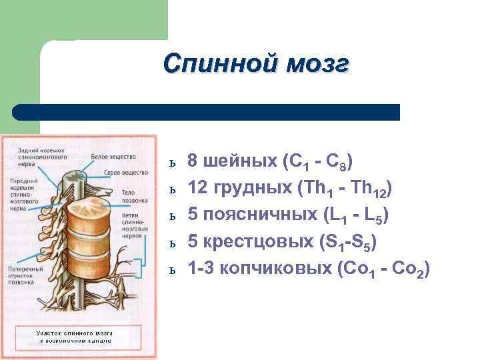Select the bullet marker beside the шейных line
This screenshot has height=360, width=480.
tap(172, 163)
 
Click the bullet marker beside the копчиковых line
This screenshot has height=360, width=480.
tap(172, 271)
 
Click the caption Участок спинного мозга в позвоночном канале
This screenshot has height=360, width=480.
tap(74, 335)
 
